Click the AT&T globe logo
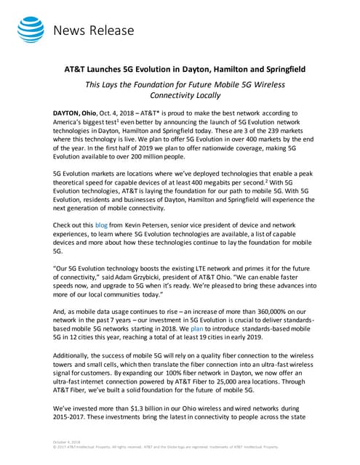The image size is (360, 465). [29, 30]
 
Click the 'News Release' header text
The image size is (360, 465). [94, 31]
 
